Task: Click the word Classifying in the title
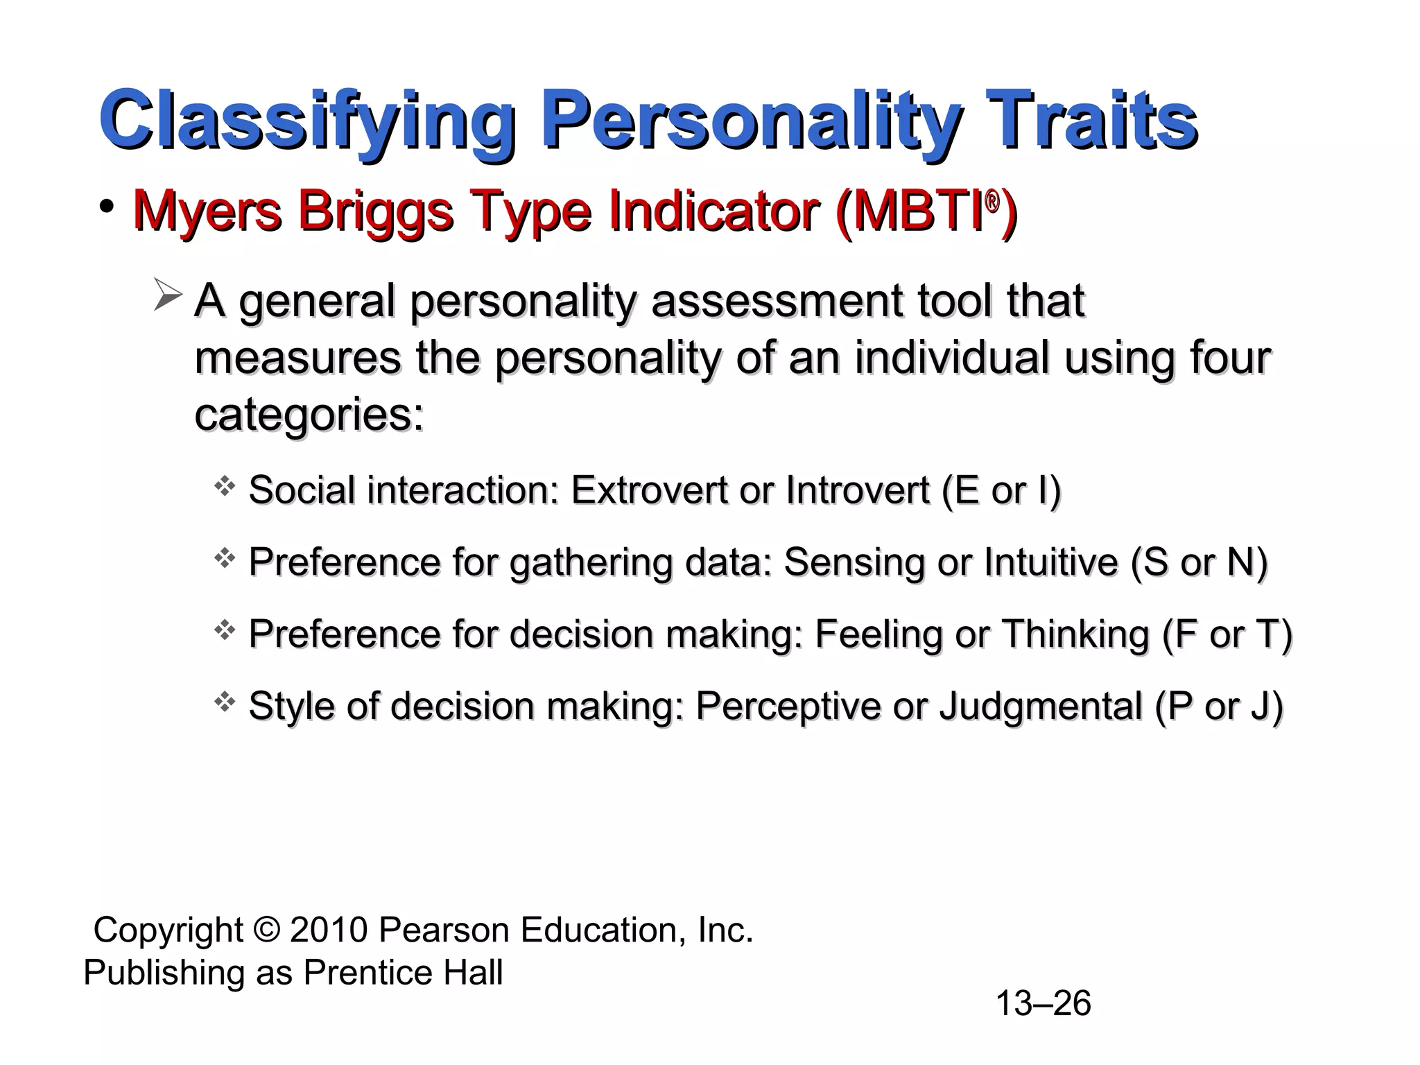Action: (307, 121)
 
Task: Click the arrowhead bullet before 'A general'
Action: (167, 295)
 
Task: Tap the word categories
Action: (309, 415)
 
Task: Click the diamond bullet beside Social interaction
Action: (224, 486)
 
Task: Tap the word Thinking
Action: (1075, 634)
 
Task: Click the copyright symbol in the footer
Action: (266, 930)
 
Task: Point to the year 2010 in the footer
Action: (329, 930)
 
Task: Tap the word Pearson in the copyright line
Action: (444, 930)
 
